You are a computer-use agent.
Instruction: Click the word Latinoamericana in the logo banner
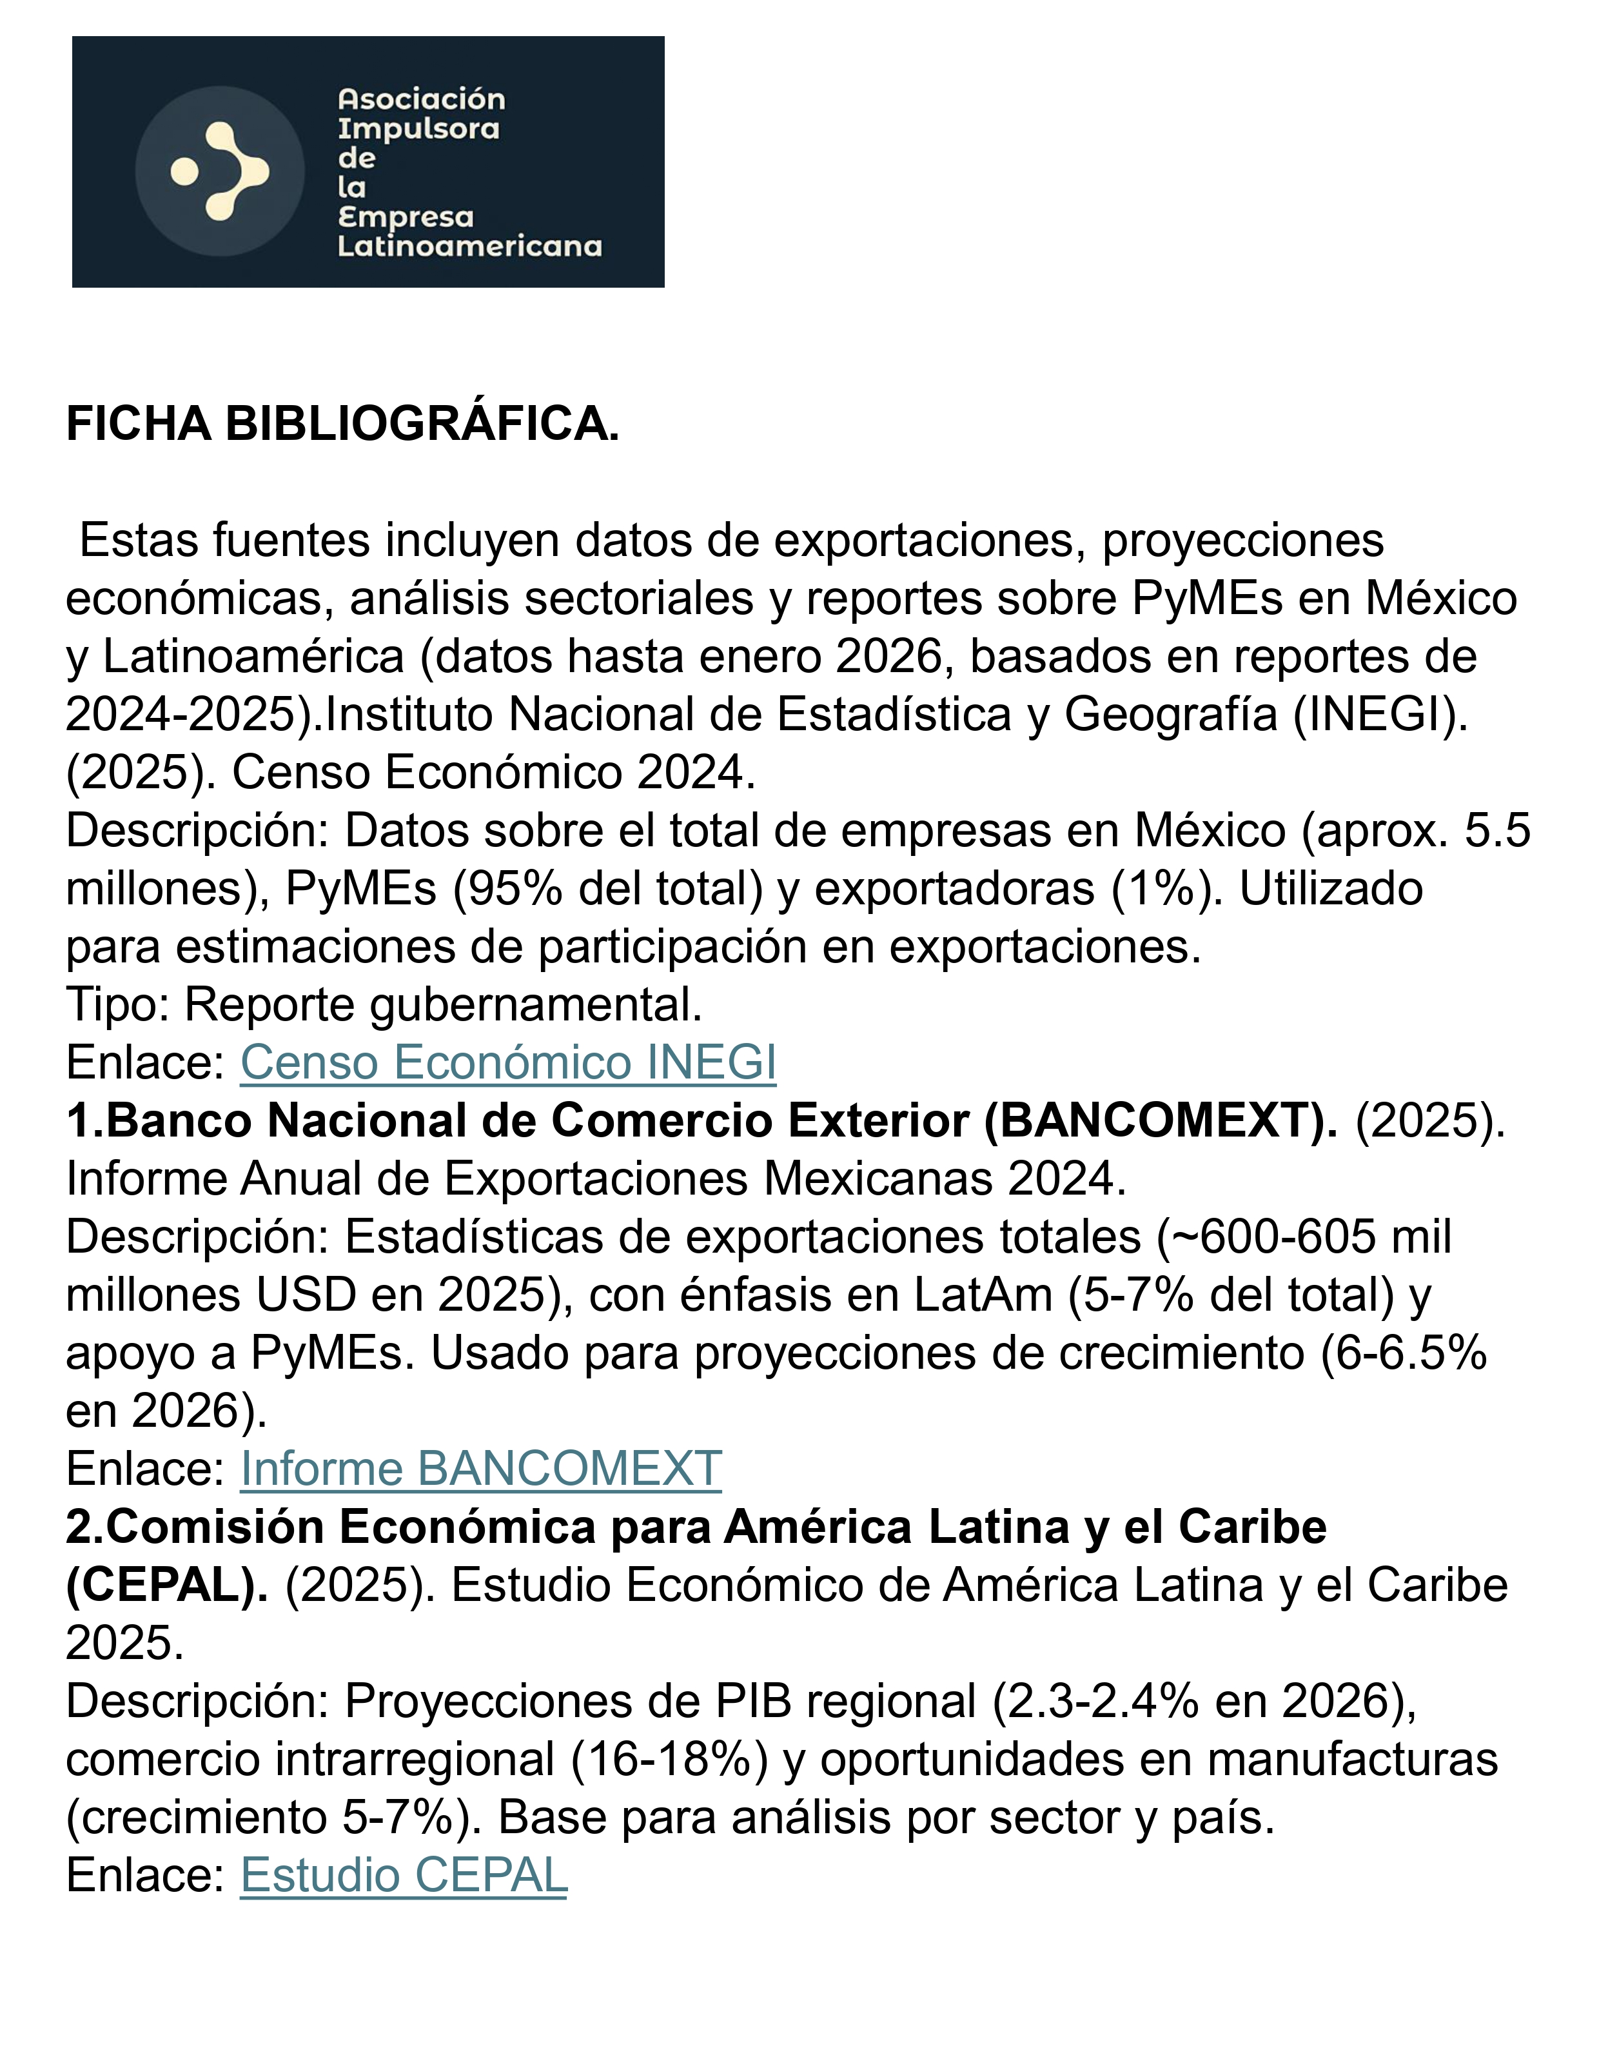pos(469,247)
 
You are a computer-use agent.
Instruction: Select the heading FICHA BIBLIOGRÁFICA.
pos(343,424)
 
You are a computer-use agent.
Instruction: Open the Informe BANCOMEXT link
pos(480,1469)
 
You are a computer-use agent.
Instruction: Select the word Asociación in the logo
pos(421,99)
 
